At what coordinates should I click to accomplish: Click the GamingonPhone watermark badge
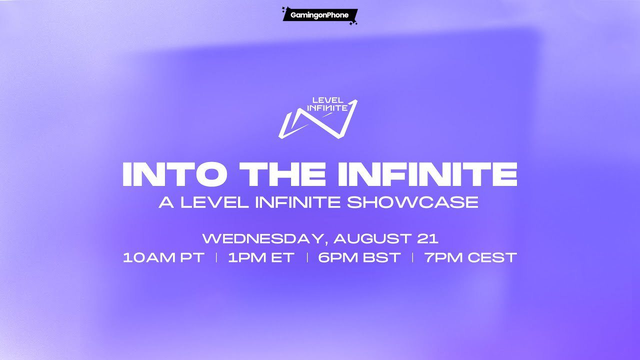click(320, 15)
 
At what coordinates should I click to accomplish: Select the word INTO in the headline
click(175, 174)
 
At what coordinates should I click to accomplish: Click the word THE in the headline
click(283, 174)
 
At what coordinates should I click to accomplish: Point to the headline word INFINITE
click(427, 174)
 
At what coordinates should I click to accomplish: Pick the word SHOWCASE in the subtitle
click(412, 202)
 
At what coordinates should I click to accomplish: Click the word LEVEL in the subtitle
click(214, 202)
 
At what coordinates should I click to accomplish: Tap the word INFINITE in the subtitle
click(297, 202)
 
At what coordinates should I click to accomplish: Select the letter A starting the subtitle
click(166, 202)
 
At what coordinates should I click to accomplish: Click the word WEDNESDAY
click(264, 239)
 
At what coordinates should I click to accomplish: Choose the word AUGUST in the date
click(372, 239)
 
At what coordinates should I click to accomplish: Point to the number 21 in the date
click(427, 239)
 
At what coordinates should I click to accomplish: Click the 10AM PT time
click(163, 257)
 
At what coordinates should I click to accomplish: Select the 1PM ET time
click(261, 257)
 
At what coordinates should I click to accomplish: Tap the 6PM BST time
click(359, 257)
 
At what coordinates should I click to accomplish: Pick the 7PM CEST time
click(470, 257)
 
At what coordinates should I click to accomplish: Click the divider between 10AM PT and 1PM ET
click(216, 257)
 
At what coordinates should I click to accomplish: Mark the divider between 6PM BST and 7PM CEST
click(412, 257)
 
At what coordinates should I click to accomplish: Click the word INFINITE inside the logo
click(327, 108)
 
